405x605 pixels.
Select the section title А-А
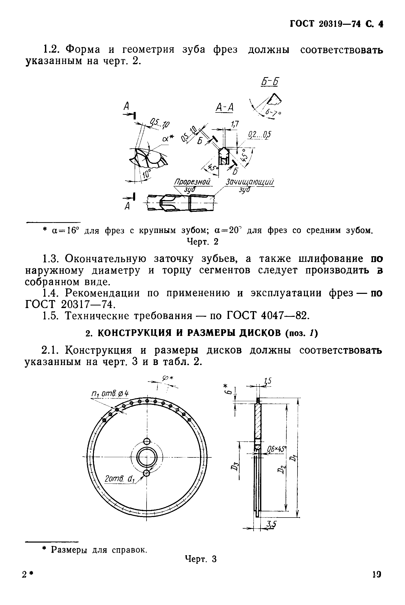tap(224, 108)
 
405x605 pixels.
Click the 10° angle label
tap(147, 174)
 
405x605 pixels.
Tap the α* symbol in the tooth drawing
tap(168, 139)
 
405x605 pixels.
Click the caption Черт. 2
tap(202, 242)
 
